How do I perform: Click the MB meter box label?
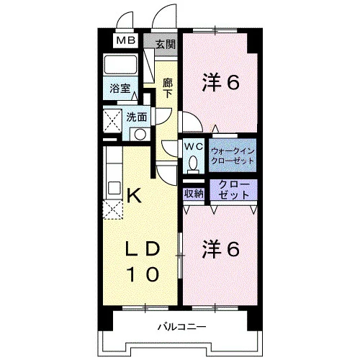[126, 40]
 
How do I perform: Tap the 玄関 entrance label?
[166, 45]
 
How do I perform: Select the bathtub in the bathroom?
[120, 64]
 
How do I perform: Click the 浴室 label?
[120, 89]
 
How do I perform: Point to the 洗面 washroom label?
[137, 117]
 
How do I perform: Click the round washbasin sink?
[140, 134]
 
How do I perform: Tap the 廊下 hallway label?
[168, 88]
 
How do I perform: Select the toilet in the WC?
[193, 165]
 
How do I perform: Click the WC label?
[194, 146]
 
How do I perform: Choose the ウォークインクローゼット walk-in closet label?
[233, 156]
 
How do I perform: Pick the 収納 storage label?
[194, 194]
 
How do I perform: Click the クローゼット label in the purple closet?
[234, 189]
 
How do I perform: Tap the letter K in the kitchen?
[134, 195]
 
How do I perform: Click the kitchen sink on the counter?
[114, 188]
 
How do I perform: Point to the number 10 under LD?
[143, 274]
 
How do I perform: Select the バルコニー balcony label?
[181, 327]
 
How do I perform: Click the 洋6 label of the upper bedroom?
[221, 82]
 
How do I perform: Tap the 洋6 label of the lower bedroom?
[221, 249]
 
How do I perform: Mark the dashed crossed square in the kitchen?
[112, 210]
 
